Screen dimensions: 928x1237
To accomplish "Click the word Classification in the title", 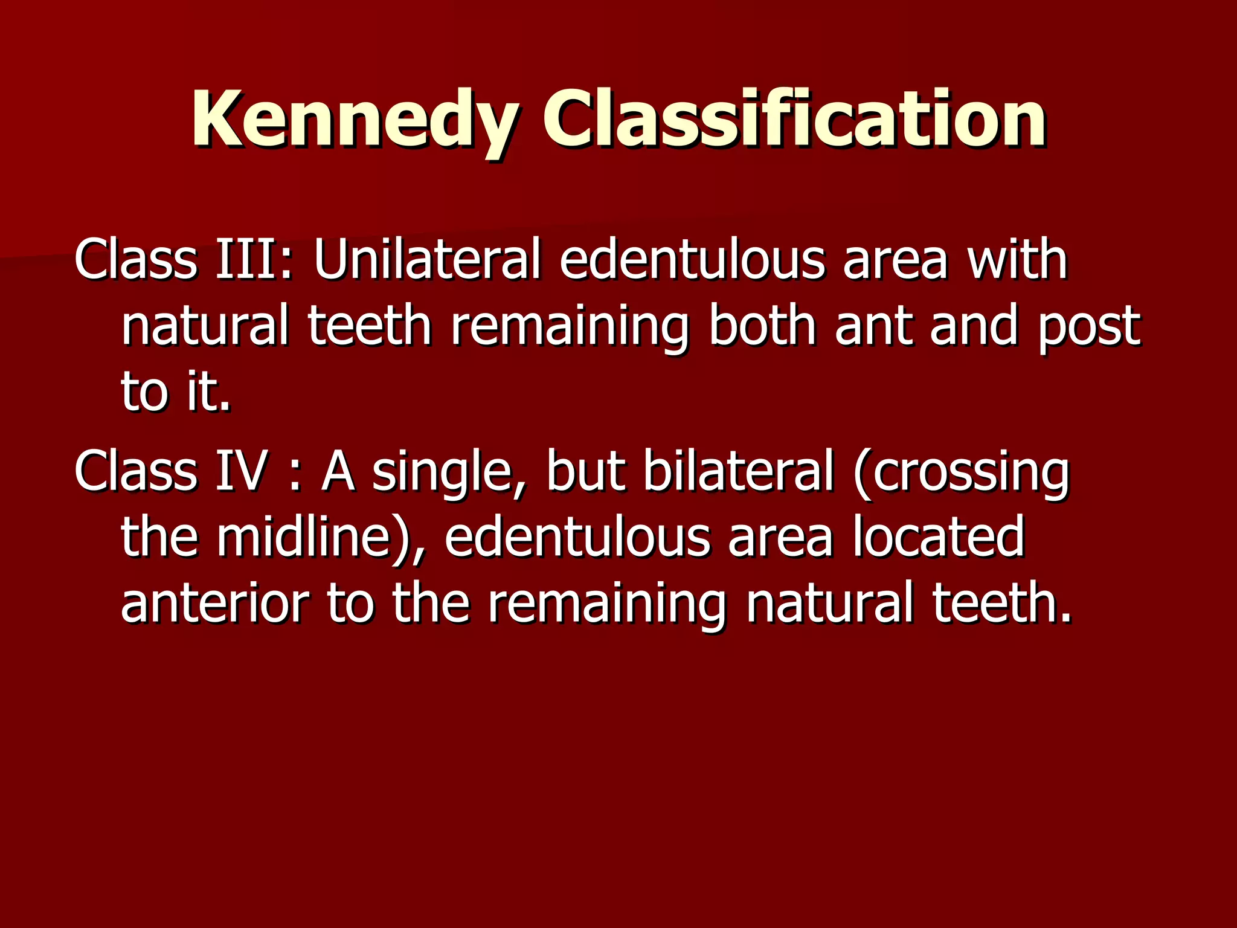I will click(794, 120).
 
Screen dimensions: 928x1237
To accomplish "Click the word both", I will click(762, 326).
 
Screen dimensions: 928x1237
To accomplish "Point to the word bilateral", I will click(738, 471).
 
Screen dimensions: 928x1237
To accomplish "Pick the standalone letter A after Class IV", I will click(338, 471).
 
